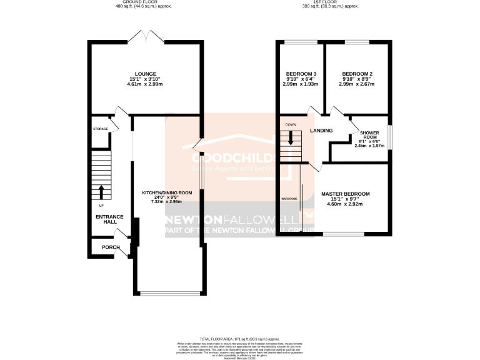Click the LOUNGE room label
(x=144, y=73)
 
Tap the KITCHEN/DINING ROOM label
(x=167, y=192)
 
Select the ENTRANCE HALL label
(x=109, y=219)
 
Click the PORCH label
(x=111, y=247)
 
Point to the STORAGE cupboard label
(x=101, y=129)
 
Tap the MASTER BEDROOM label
(x=346, y=194)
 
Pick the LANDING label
(x=321, y=130)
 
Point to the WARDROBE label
(x=289, y=198)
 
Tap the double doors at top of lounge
(x=144, y=36)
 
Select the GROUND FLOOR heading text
(x=143, y=2)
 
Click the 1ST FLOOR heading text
(x=331, y=2)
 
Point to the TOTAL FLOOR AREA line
(x=240, y=337)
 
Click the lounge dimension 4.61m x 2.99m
(x=144, y=83)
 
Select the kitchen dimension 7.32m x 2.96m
(x=167, y=202)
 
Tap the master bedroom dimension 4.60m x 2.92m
(x=346, y=204)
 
